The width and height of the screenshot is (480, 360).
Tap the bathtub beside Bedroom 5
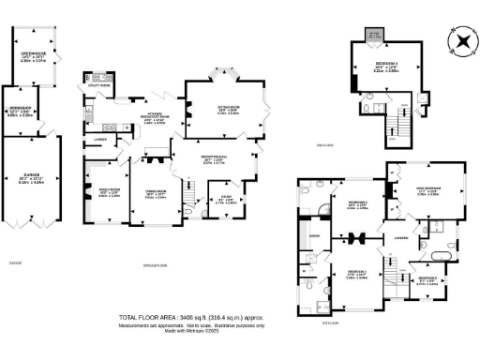click(441, 253)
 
